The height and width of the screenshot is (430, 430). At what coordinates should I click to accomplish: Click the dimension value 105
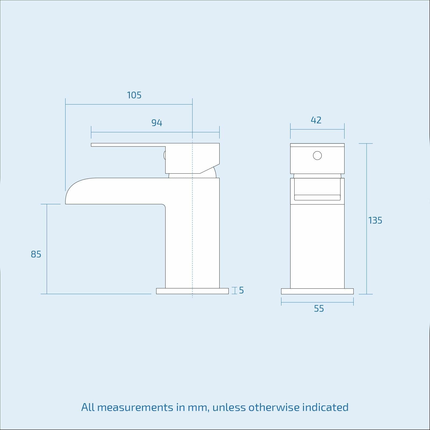(x=134, y=95)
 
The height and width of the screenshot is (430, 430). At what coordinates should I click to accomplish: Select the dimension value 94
(x=157, y=123)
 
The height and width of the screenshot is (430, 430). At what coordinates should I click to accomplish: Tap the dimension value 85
(x=36, y=254)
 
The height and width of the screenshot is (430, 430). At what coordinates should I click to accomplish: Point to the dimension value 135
(x=375, y=221)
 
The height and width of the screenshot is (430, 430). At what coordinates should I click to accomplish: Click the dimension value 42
(x=316, y=120)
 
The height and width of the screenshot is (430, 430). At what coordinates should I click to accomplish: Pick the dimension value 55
(x=319, y=309)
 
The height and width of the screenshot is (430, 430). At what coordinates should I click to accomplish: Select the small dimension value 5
(x=241, y=291)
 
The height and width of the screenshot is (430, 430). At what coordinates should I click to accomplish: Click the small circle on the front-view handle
(x=317, y=156)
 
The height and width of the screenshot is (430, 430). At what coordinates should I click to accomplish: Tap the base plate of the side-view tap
(x=192, y=291)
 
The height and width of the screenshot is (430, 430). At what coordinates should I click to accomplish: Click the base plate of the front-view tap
(x=317, y=291)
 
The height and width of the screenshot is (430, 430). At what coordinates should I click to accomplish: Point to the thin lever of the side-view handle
(x=126, y=145)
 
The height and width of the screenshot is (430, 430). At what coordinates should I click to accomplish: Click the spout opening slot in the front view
(x=317, y=198)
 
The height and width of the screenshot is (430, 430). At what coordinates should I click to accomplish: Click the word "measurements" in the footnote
(x=135, y=407)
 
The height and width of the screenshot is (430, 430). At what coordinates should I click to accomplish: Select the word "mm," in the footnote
(x=199, y=407)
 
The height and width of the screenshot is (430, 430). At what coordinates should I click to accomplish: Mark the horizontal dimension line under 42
(x=317, y=130)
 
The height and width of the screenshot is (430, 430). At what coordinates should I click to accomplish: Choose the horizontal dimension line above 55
(x=317, y=302)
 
